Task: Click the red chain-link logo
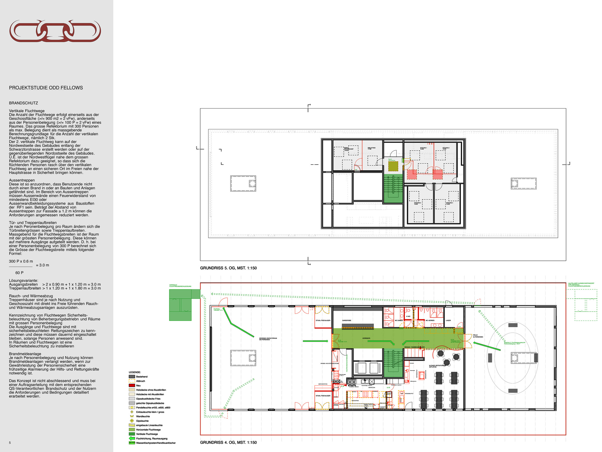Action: pos(55,31)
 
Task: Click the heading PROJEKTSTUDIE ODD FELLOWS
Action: pos(46,88)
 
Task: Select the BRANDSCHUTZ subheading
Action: pos(23,103)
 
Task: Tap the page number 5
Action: pos(10,443)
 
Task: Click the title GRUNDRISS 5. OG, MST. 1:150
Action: pos(228,268)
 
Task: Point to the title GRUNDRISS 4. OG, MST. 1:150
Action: pos(228,442)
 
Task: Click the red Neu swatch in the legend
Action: pos(132,385)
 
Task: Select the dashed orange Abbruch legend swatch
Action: pos(132,381)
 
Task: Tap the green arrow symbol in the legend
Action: pos(132,438)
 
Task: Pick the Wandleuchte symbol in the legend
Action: pos(132,416)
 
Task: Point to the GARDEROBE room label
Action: pos(346,321)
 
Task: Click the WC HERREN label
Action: pos(430,321)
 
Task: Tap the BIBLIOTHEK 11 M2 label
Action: pos(371,148)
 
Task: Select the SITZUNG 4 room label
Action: pos(449,203)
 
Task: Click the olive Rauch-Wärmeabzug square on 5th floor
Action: pos(393,166)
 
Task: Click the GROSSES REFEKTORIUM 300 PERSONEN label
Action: pos(268,339)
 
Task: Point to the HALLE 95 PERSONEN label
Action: pos(478,336)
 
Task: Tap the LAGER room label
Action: pos(448,321)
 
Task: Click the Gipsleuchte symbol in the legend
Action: pos(132,421)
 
